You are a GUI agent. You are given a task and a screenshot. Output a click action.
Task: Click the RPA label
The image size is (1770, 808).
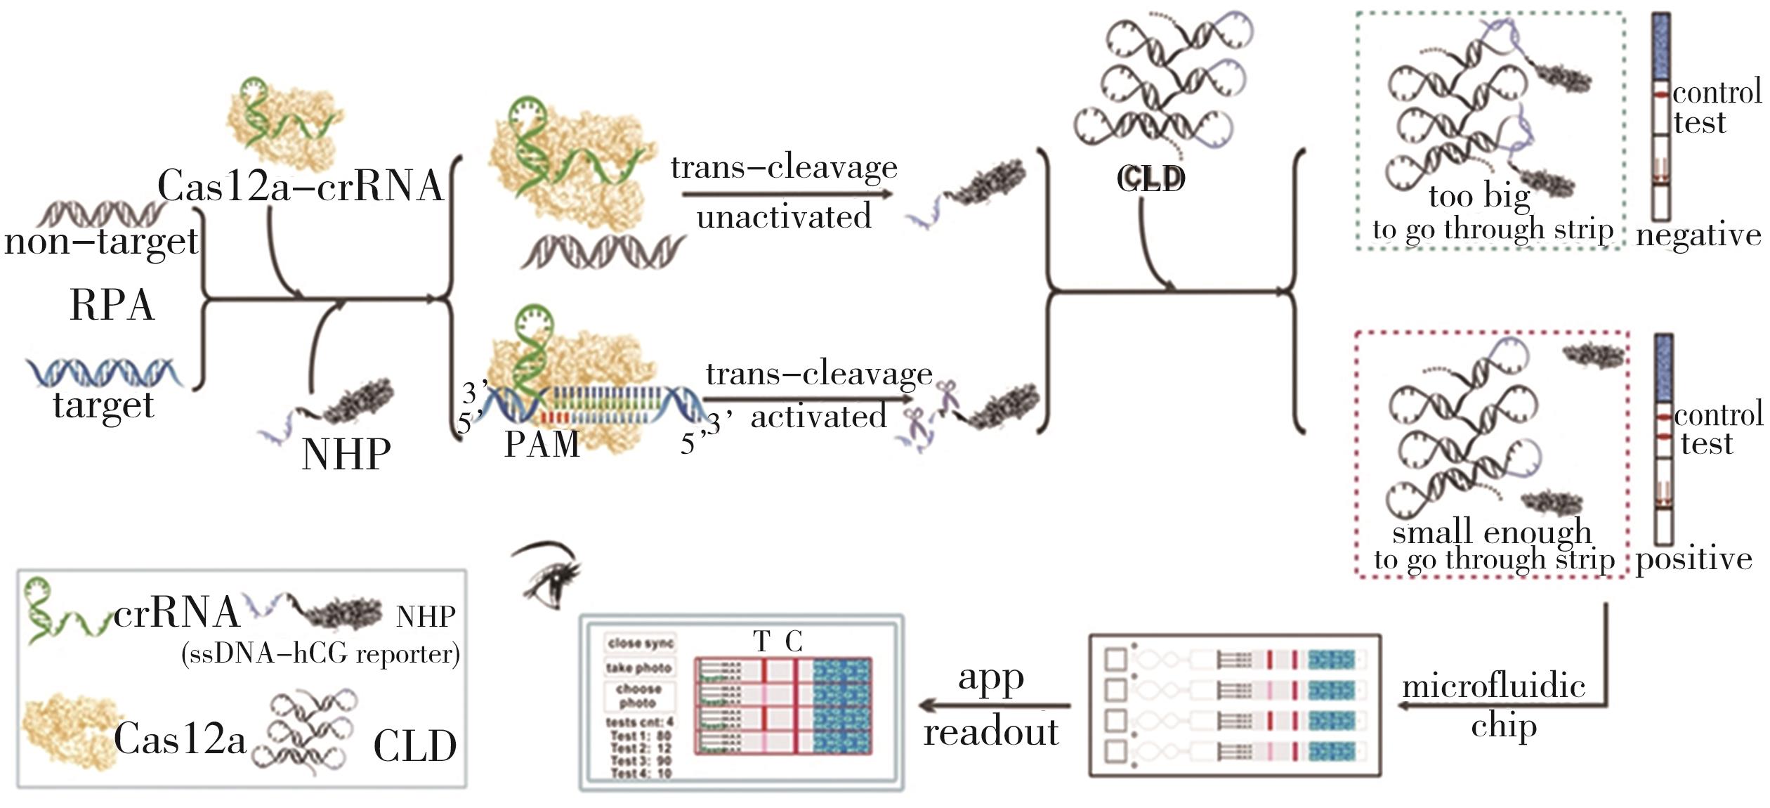112,306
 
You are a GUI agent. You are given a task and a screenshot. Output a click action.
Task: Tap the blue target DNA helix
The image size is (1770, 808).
104,372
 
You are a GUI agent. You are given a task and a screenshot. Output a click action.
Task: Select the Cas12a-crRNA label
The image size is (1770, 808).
301,186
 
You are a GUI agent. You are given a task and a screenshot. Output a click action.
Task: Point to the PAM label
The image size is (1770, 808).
542,444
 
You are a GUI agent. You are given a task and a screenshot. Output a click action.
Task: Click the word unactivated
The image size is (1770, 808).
784,216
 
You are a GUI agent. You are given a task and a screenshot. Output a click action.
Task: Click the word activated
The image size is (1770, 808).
819,417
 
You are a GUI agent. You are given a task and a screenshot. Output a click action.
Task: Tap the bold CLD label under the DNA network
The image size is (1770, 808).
1150,179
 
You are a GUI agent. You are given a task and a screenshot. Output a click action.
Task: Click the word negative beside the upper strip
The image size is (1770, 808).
1698,235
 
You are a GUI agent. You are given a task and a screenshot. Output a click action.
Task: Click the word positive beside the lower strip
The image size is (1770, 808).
1693,559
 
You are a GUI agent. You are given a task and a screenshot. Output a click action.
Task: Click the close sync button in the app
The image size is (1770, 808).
639,643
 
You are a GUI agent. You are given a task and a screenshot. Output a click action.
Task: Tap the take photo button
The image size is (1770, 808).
639,667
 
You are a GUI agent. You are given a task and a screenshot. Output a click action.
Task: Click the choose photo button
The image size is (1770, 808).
639,696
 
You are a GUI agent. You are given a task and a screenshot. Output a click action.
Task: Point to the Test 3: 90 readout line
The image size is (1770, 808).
641,761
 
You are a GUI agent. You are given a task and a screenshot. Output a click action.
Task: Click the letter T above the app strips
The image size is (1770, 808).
761,641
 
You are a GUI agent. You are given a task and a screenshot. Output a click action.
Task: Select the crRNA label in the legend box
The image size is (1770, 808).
176,613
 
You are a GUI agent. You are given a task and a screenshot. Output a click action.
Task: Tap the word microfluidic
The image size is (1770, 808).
1493,686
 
